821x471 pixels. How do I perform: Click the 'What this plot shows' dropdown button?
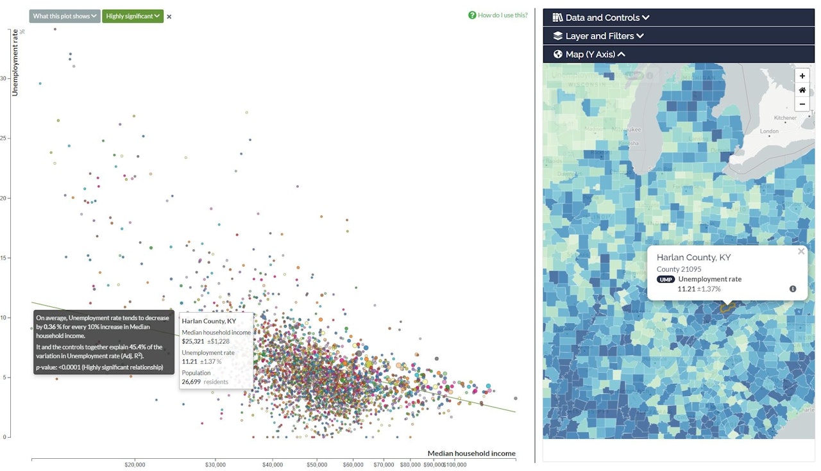pos(65,16)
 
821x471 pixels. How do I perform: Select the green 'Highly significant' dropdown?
pos(133,16)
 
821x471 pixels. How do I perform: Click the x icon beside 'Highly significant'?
pos(169,17)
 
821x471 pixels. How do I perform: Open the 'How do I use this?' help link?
pos(498,15)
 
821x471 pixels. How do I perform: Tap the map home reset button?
pos(802,90)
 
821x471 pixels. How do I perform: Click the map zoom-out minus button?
pos(802,104)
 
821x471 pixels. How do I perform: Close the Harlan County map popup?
pos(800,251)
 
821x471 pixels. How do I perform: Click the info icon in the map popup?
pos(793,289)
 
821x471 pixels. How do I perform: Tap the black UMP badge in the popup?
pos(666,279)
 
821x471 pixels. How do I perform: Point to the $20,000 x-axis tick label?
pos(135,465)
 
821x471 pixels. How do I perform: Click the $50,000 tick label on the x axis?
pos(317,465)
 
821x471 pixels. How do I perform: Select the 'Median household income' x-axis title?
pos(471,454)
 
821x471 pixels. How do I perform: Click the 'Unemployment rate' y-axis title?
pos(14,62)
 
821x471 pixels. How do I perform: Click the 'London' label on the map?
pos(769,131)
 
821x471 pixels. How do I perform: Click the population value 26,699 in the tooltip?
pos(192,381)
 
